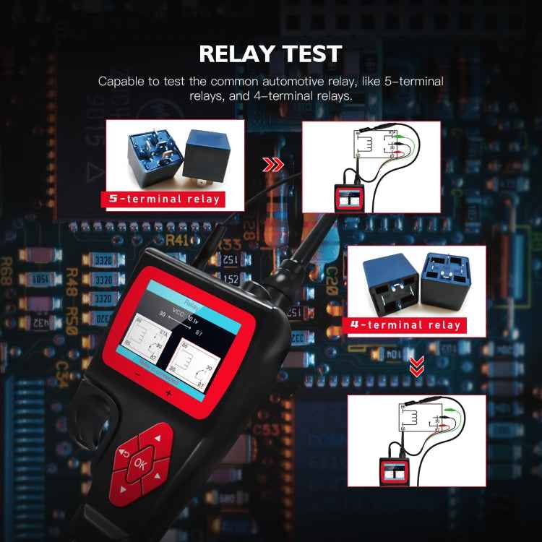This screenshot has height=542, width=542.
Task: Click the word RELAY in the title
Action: click(x=237, y=53)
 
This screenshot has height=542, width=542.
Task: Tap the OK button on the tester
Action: click(x=140, y=464)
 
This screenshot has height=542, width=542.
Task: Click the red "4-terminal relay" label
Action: click(x=405, y=324)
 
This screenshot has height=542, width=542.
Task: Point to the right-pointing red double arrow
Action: click(x=273, y=165)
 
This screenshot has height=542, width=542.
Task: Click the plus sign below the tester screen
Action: click(x=168, y=393)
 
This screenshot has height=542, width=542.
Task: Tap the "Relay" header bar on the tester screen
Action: click(x=191, y=298)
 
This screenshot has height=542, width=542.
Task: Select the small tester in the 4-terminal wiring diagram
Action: click(x=394, y=471)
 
